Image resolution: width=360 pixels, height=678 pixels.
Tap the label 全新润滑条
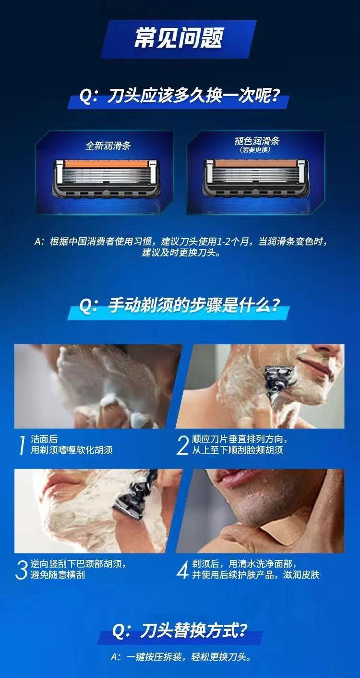[x=108, y=145]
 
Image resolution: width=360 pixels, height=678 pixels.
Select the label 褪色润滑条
[x=256, y=141]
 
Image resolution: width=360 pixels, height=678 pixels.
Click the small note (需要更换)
[x=255, y=149]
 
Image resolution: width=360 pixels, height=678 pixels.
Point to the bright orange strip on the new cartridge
[x=107, y=165]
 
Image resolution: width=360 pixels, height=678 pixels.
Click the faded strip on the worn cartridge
[x=255, y=164]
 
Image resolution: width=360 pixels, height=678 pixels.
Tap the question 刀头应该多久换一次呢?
[x=179, y=96]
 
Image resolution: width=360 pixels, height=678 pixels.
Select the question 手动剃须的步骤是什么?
[x=179, y=306]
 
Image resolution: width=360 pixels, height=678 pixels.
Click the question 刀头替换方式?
[x=180, y=630]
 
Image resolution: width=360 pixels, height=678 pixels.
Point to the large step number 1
[x=22, y=445]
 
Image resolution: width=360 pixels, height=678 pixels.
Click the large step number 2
[x=182, y=445]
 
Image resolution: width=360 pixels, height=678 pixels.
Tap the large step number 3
[x=21, y=570]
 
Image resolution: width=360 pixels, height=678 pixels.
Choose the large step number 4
[x=182, y=570]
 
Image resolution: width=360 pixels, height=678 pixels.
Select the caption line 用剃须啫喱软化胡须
[x=72, y=450]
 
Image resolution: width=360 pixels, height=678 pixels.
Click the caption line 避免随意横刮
[x=58, y=575]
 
